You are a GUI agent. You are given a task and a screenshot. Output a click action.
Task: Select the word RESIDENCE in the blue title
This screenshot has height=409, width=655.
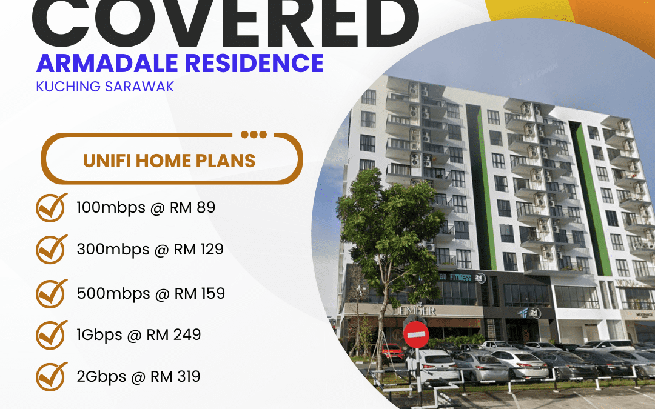tap(264, 63)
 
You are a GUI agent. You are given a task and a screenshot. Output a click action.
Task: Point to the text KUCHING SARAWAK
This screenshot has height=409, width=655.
tap(105, 86)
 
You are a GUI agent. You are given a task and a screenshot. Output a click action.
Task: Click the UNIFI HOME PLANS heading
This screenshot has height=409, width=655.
tap(169, 161)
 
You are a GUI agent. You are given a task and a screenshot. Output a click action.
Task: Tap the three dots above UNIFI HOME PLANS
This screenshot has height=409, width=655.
tap(253, 135)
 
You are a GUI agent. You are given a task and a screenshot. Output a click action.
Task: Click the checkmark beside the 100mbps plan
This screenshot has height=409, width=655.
tap(51, 208)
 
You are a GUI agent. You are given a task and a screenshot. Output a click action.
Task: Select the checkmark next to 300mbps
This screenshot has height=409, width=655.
tap(51, 249)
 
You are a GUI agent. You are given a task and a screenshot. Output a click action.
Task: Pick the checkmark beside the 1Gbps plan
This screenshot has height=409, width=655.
tap(51, 334)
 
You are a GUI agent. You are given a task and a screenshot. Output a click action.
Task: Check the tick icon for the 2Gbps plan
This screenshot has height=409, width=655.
tap(51, 377)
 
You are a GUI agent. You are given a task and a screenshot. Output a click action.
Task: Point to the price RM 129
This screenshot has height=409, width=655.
tap(199, 249)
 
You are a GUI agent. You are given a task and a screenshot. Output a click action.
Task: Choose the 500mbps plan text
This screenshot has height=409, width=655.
tap(113, 293)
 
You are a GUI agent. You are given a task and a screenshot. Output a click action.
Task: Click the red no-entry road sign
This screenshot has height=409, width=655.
tap(416, 334)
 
